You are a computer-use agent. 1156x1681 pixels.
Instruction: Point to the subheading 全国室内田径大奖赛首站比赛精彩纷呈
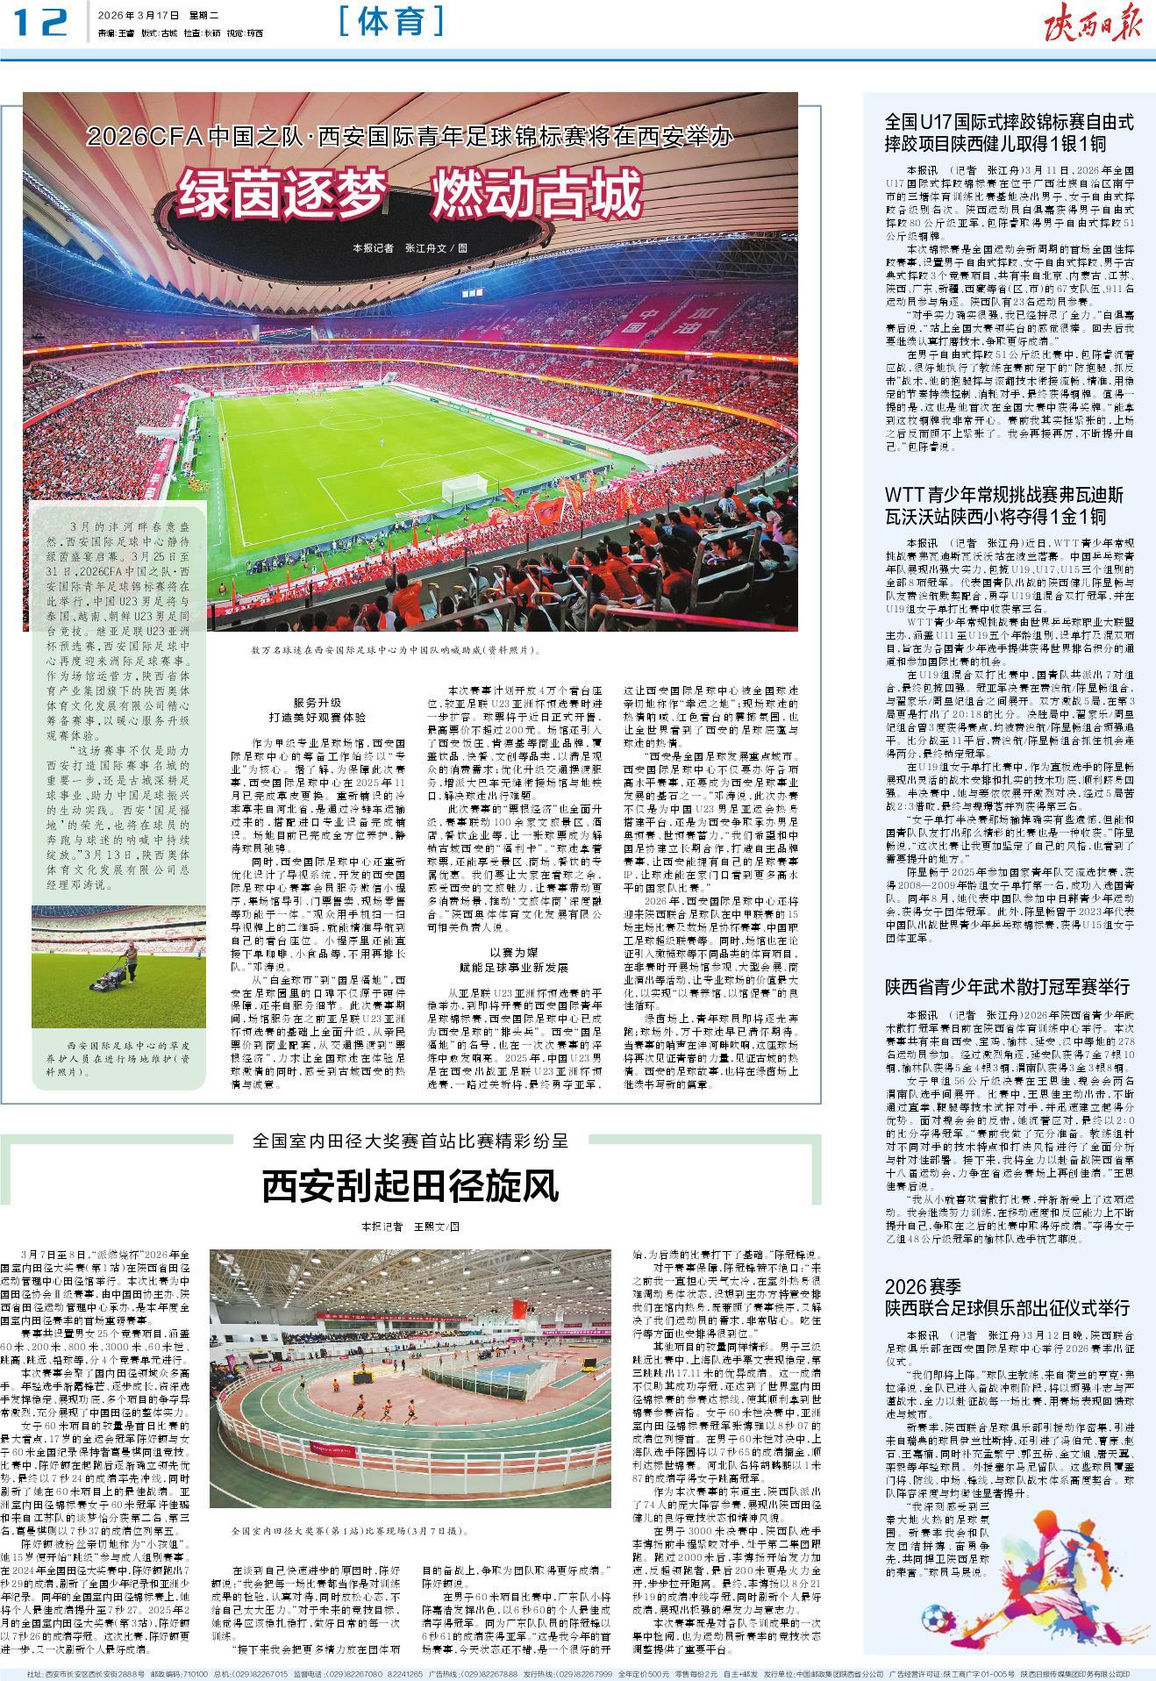pyautogui.click(x=410, y=1141)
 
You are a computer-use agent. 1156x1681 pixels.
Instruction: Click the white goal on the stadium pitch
pyautogui.click(x=463, y=488)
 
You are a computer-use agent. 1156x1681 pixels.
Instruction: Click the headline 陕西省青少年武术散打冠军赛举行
pyautogui.click(x=1007, y=984)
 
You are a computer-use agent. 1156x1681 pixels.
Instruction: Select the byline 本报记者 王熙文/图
pyautogui.click(x=410, y=1226)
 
